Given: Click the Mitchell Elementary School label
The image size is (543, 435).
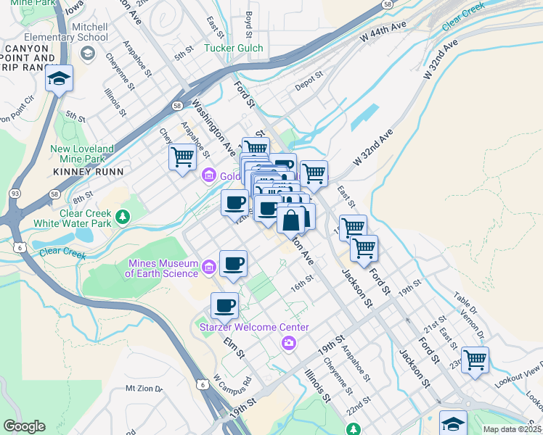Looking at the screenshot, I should (66, 32).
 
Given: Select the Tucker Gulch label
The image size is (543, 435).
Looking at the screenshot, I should (233, 49).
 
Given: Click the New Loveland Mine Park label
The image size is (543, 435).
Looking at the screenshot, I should (82, 154).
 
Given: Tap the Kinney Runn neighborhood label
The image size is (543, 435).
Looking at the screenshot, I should (88, 172).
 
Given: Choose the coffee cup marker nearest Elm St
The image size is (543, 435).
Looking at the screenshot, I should (225, 305).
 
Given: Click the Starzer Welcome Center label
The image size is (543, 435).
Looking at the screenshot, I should (254, 328).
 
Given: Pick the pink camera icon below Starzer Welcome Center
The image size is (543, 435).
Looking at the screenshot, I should (289, 342).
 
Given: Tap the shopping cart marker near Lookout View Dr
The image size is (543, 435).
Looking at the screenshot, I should (475, 359).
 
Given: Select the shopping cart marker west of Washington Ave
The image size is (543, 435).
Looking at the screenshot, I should (182, 157).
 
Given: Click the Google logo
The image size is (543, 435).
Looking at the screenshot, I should (24, 426).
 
